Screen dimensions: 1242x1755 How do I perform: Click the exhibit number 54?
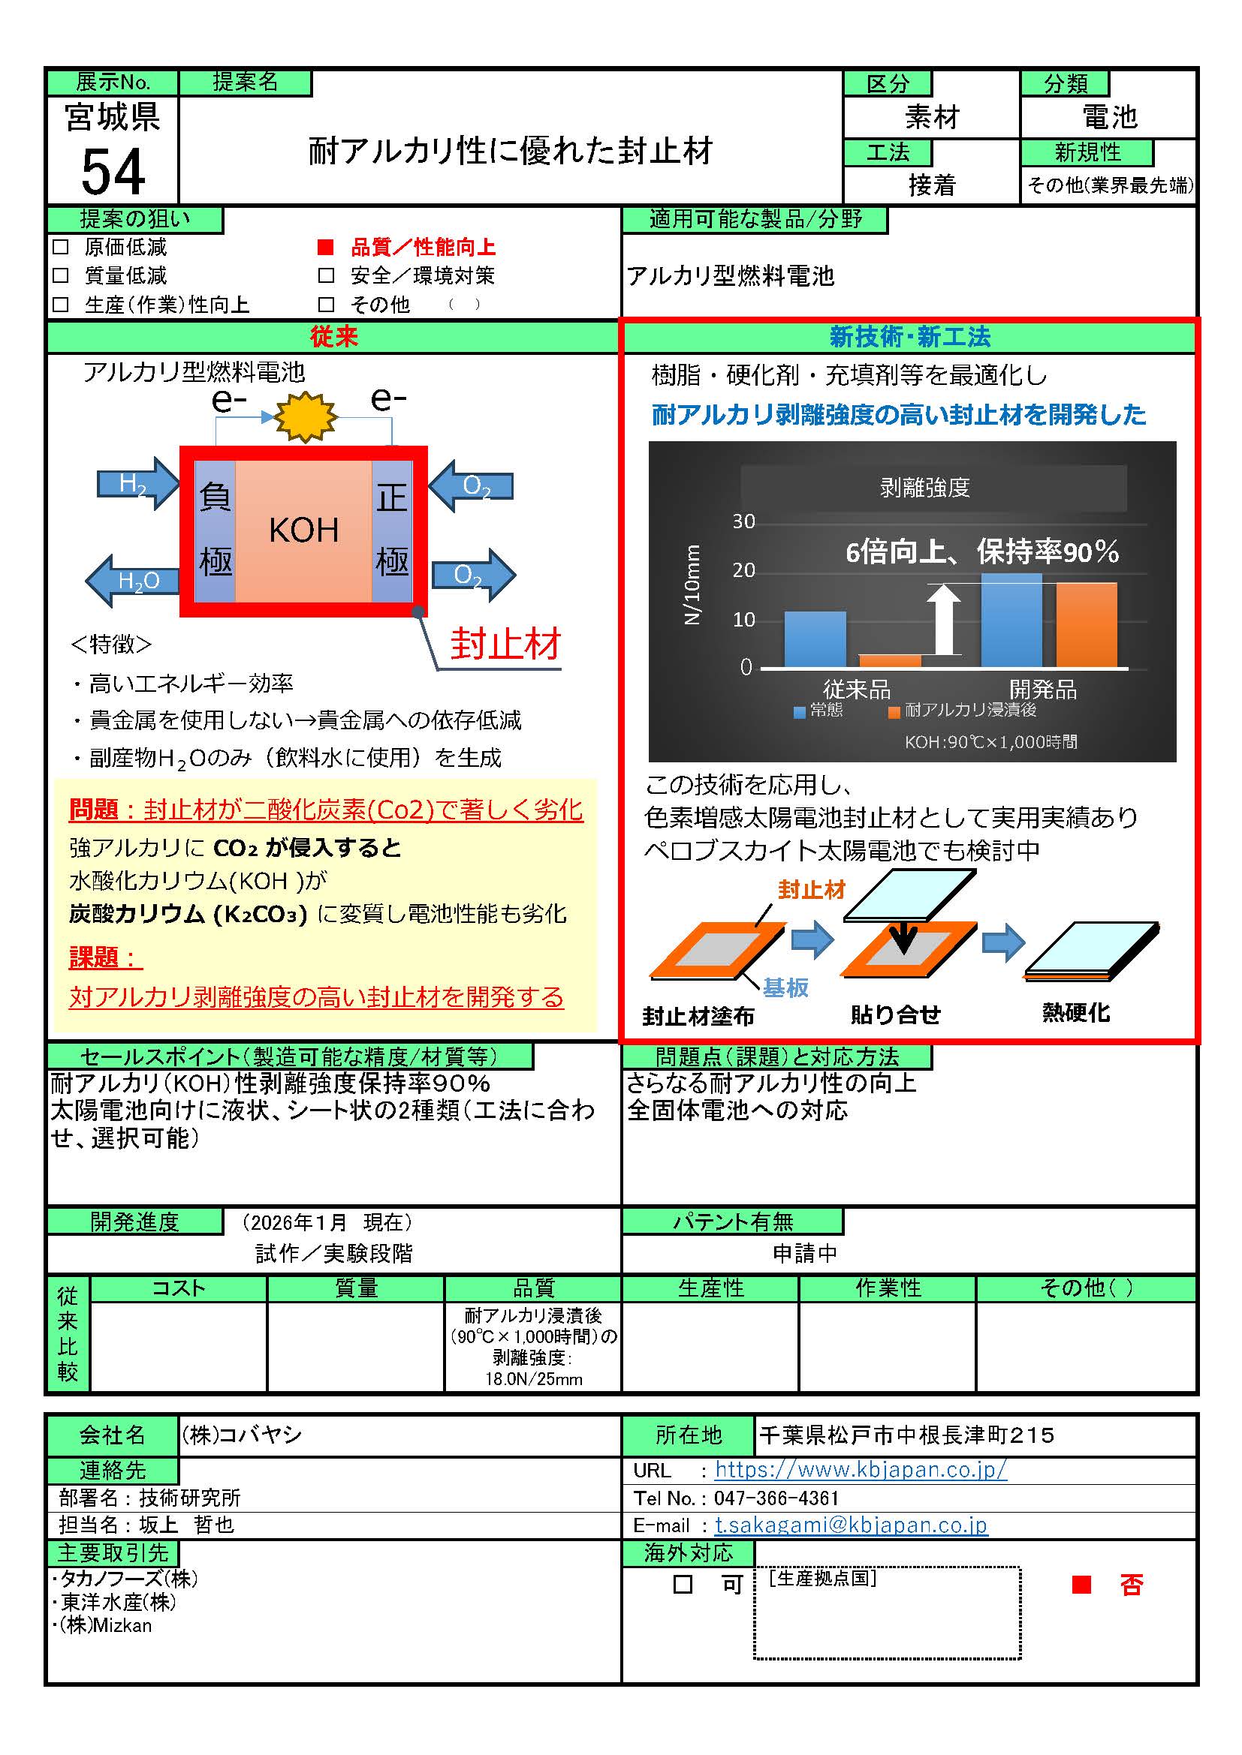click(x=113, y=172)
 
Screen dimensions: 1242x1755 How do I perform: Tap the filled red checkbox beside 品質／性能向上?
click(x=326, y=247)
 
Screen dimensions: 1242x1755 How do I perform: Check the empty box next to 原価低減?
click(x=60, y=247)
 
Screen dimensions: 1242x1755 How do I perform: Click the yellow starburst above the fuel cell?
click(x=306, y=416)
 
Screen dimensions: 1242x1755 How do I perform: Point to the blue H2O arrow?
click(x=131, y=581)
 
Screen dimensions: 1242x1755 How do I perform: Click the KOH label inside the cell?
click(x=303, y=530)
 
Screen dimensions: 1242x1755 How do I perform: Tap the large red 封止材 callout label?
click(x=505, y=644)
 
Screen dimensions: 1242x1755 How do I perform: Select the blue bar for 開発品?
click(x=1011, y=620)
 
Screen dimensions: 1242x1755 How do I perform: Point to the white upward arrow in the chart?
click(x=945, y=620)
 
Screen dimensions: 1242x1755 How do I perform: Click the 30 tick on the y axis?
click(x=743, y=521)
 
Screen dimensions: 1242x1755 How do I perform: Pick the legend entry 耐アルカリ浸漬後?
click(x=963, y=711)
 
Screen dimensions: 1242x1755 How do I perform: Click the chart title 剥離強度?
click(x=924, y=488)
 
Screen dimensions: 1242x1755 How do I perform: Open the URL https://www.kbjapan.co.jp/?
click(x=861, y=1469)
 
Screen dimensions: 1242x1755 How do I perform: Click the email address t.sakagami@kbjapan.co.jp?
click(x=851, y=1525)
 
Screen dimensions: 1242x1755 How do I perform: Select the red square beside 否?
click(x=1081, y=1585)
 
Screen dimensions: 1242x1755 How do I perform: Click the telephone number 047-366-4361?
click(x=776, y=1498)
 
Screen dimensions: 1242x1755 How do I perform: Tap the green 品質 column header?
click(x=533, y=1289)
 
